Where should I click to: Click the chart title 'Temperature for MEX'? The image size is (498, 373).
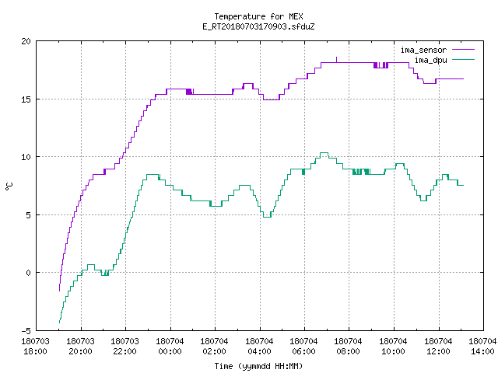pos(258,16)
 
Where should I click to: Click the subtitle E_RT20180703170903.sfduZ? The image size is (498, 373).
pos(258,26)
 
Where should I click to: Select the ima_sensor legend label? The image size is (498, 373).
pos(423,50)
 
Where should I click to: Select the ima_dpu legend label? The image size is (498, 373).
pos(431,60)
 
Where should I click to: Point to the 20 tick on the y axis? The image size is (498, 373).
pos(26,41)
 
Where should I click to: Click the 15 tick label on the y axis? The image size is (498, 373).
pos(26,99)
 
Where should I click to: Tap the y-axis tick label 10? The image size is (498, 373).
pos(26,157)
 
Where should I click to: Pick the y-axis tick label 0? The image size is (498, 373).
pos(29,273)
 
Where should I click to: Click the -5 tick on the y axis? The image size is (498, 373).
pos(26,330)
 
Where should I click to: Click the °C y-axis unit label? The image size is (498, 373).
pos(9,186)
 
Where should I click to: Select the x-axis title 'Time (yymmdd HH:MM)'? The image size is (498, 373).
pos(258,366)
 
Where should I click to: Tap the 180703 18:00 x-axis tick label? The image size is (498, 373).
pos(35,346)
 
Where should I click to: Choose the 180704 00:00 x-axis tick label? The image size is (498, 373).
pos(170,346)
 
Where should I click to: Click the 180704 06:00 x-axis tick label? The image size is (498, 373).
pos(304,346)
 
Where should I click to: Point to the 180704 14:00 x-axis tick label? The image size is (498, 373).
pos(482,346)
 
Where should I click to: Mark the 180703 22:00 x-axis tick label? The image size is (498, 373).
pos(124,346)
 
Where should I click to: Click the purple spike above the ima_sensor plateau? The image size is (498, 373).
pos(337,59)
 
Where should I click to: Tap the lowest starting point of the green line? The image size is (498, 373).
pos(59,323)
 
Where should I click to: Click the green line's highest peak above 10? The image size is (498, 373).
pos(324,153)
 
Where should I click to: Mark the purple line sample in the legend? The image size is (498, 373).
pos(463,50)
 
